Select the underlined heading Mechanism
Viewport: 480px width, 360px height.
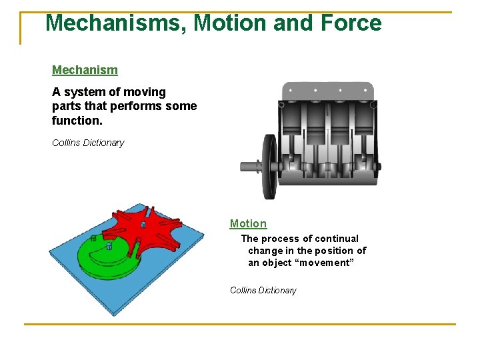(85, 70)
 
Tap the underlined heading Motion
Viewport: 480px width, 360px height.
(248, 224)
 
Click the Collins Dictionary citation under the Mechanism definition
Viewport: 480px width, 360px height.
(88, 143)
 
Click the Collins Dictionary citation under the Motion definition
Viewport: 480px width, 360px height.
(263, 290)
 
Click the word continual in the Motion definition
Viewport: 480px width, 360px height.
(337, 239)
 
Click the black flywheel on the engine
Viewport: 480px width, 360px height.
(269, 167)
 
